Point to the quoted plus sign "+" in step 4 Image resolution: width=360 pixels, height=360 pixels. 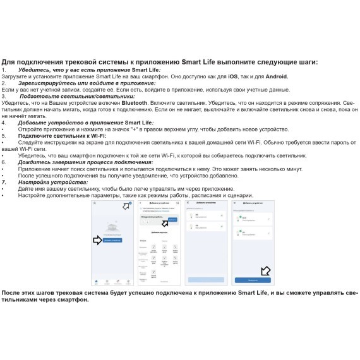[x=134, y=129]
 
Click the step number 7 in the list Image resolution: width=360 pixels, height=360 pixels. [x=4, y=182]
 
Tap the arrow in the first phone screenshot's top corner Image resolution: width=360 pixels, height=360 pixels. [x=126, y=207]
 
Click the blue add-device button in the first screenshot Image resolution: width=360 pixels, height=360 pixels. [x=113, y=241]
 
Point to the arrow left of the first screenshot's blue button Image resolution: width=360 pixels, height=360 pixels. [x=98, y=241]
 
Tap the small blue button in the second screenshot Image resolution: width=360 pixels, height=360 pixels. [x=172, y=219]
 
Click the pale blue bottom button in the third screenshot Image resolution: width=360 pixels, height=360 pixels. [x=205, y=279]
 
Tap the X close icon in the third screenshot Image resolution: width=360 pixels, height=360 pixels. [x=188, y=204]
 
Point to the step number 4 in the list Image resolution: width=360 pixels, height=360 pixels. [x=4, y=123]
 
